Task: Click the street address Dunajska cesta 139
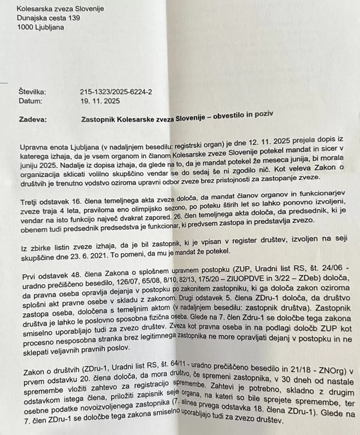(48, 18)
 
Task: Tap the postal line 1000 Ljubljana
(41, 27)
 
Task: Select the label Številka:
(32, 92)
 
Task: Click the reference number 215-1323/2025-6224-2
(116, 92)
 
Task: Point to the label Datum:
(30, 101)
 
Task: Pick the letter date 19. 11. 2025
(100, 101)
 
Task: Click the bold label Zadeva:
(33, 120)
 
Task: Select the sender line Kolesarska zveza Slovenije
(60, 9)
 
